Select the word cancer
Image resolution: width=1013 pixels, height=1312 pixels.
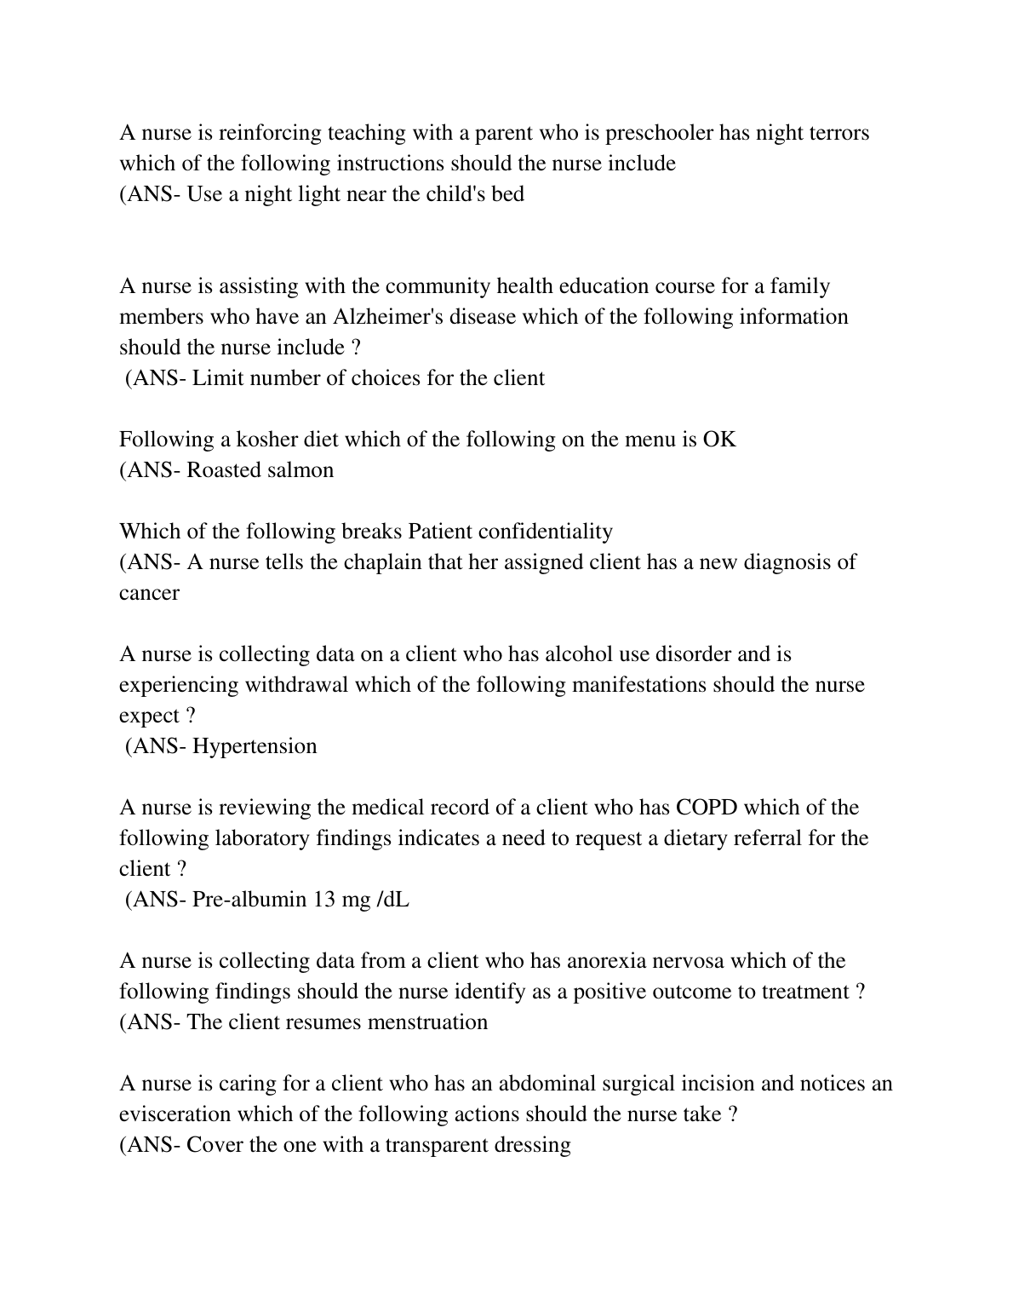tap(149, 593)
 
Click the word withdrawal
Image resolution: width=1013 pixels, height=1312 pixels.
tap(296, 685)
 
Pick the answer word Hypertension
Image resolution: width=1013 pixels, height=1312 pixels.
tap(255, 746)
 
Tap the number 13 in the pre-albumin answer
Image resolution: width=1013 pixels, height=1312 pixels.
tap(324, 900)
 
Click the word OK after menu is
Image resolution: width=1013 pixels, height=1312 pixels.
tap(719, 440)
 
